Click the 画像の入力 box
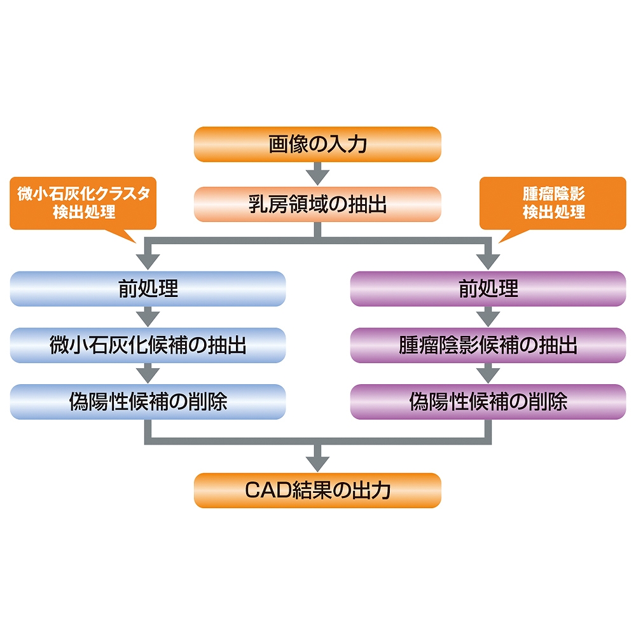tap(317, 144)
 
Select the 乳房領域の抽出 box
tap(317, 204)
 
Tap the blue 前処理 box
tap(148, 289)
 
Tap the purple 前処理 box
tap(488, 289)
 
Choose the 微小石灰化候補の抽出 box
tap(148, 345)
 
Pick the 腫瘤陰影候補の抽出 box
tap(488, 345)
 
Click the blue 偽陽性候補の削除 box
tap(148, 402)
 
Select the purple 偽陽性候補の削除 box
tap(488, 402)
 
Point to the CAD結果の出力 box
tap(317, 490)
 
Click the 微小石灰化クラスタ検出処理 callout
tap(83, 203)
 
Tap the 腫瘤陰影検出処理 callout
tap(553, 203)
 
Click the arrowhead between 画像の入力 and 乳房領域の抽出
tap(317, 174)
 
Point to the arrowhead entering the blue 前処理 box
tap(148, 261)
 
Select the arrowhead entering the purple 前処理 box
tap(488, 261)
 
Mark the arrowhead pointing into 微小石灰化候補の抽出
tap(148, 317)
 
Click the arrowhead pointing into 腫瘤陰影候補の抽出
tap(488, 317)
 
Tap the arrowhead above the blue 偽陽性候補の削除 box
tap(148, 375)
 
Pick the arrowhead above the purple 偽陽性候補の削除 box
tap(488, 375)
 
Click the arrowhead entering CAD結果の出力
tap(317, 460)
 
